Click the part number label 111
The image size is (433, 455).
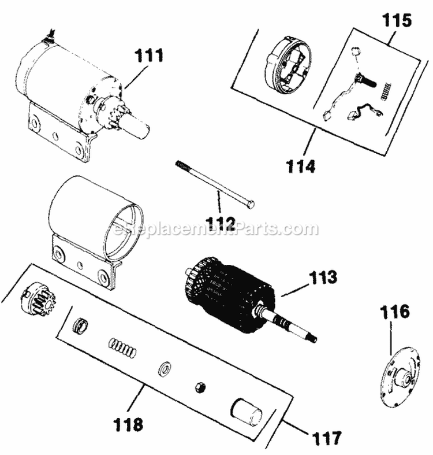(149, 56)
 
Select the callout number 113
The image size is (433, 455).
(306, 278)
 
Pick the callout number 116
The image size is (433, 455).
(394, 313)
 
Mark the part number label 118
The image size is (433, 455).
(128, 425)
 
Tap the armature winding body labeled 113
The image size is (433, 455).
(228, 295)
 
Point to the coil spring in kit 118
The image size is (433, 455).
(122, 350)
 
